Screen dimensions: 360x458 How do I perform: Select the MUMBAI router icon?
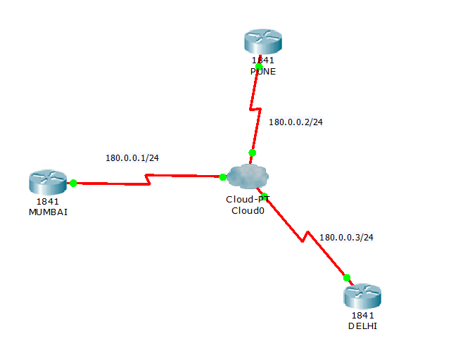[x=47, y=182]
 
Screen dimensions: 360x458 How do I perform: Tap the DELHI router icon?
[x=362, y=296]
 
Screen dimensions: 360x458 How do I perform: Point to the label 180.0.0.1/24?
[x=132, y=157]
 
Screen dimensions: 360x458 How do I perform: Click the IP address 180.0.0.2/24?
[x=295, y=122]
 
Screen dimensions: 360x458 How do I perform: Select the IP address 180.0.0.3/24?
[x=346, y=237]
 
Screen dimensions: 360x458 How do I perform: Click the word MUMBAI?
[x=48, y=212]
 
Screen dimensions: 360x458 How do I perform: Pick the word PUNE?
[x=263, y=72]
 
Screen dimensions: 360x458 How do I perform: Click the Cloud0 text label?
[x=247, y=210]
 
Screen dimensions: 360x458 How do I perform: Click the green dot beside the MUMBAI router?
[x=73, y=183]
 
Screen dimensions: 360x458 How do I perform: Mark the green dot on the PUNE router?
[x=259, y=67]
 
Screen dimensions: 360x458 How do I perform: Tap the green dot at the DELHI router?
[x=346, y=277]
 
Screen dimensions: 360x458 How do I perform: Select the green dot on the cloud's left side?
[x=222, y=177]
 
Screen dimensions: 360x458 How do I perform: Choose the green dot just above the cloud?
[x=253, y=153]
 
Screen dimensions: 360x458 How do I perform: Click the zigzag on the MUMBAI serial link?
[x=148, y=180]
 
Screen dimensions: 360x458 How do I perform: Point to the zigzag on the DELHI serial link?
[x=307, y=236]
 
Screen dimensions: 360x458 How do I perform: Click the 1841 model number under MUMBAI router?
[x=48, y=202]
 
